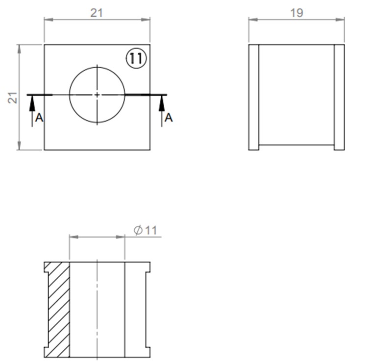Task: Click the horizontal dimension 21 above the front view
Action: coord(97,13)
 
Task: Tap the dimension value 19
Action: coord(296,13)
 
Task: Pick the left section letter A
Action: coord(40,118)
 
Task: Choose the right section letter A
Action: coord(169,118)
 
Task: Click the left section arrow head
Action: coord(32,100)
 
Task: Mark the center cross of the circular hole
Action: coord(97,94)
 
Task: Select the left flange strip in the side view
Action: coord(253,97)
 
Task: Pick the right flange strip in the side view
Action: coord(340,97)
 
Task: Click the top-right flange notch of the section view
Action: coord(147,268)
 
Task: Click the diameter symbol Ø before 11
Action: coord(138,230)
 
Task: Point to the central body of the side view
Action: coord(296,97)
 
